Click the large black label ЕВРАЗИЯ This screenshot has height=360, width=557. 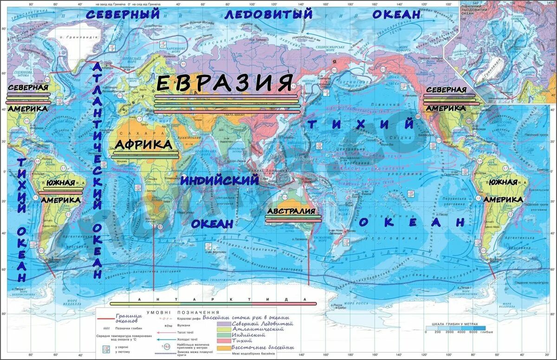225,83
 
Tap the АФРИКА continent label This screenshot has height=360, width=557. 143,145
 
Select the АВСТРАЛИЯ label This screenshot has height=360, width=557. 293,211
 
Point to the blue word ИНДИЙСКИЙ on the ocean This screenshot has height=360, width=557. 220,180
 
